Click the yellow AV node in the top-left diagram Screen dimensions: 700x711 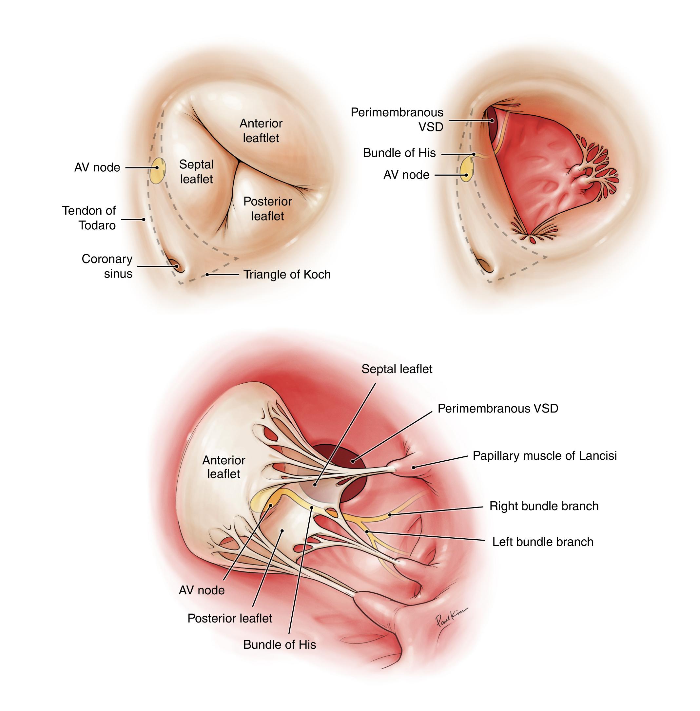(158, 171)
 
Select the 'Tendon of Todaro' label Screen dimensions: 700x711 (89, 218)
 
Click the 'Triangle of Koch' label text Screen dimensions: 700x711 (287, 274)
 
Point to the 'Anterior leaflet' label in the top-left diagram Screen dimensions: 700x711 (261, 130)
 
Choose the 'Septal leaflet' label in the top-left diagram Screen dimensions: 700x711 (196, 172)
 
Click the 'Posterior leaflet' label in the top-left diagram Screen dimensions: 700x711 (268, 208)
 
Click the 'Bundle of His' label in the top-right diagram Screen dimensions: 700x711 (399, 153)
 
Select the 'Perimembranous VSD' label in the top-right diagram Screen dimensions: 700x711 (397, 120)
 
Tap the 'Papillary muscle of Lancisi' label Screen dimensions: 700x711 (544, 455)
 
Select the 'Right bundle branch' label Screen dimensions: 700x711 (544, 506)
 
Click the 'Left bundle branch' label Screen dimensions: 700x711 (543, 542)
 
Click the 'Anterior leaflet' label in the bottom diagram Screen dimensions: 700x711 (224, 467)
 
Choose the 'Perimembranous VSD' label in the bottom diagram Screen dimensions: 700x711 (498, 408)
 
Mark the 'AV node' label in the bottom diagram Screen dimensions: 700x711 (202, 590)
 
